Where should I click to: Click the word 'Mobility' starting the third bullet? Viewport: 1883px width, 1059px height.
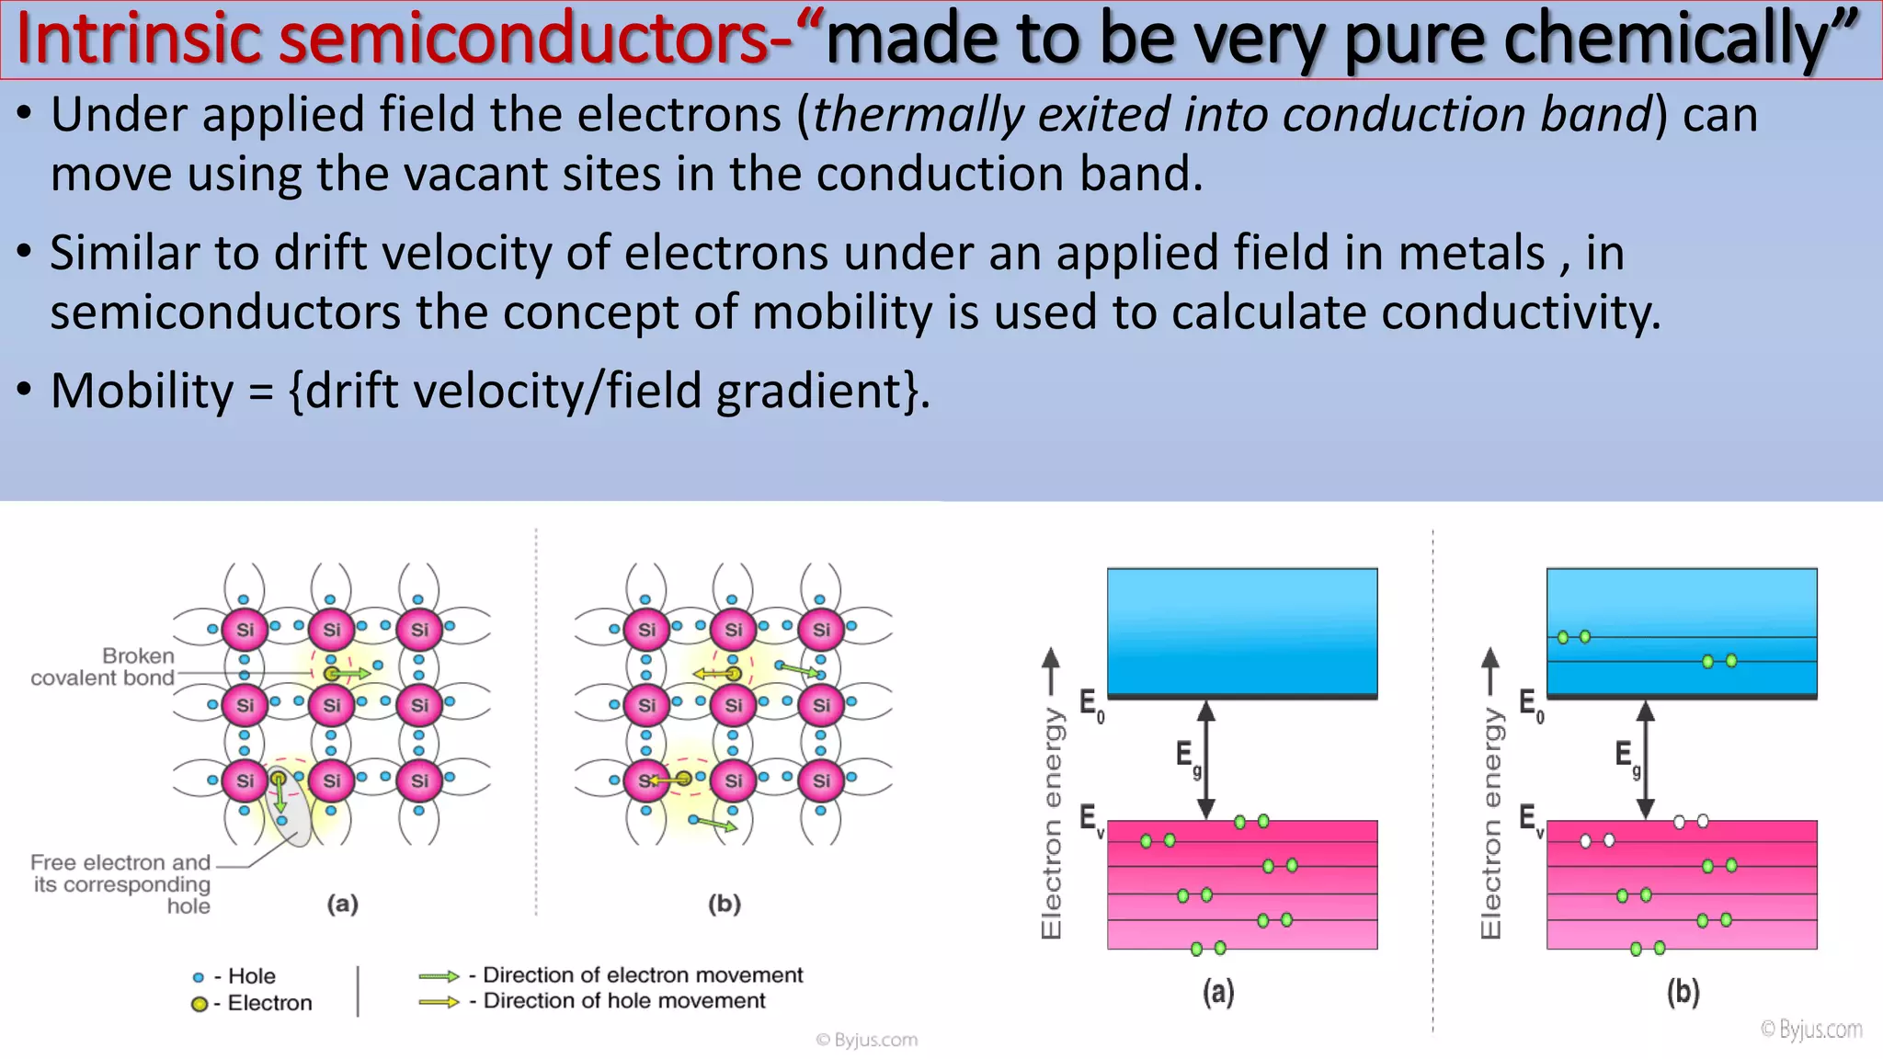pos(143,392)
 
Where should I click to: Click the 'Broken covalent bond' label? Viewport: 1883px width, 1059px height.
pos(103,667)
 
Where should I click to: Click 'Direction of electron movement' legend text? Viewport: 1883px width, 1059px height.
pos(642,974)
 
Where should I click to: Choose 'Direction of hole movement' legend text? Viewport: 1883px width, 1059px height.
pos(623,1001)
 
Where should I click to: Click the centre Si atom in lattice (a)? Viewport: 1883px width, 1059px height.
pos(331,705)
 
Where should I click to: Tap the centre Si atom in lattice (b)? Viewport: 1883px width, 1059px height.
pos(733,705)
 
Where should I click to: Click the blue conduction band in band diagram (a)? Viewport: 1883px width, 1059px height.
pos(1241,631)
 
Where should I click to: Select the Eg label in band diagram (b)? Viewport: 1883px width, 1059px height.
pos(1626,757)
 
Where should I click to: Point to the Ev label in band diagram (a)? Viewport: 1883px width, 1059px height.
pos(1090,819)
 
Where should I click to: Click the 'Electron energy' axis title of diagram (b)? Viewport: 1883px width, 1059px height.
pos(1490,823)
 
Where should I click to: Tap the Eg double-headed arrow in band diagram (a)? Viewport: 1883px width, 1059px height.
pos(1206,759)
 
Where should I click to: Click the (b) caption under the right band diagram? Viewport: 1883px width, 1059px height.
pos(1683,993)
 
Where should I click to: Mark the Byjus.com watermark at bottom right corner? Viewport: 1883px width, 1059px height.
pos(1810,1030)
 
